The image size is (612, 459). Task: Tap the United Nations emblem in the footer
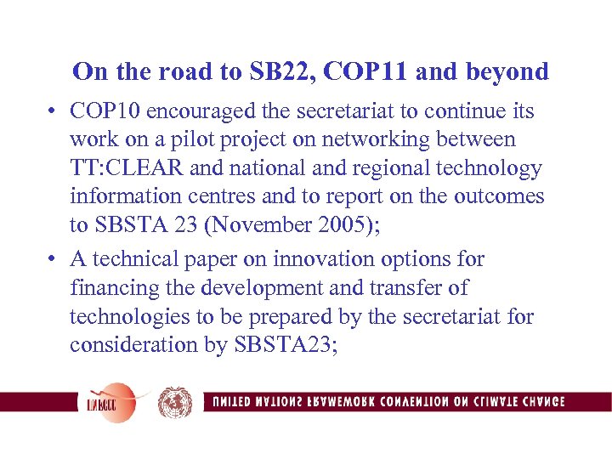[175, 402]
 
